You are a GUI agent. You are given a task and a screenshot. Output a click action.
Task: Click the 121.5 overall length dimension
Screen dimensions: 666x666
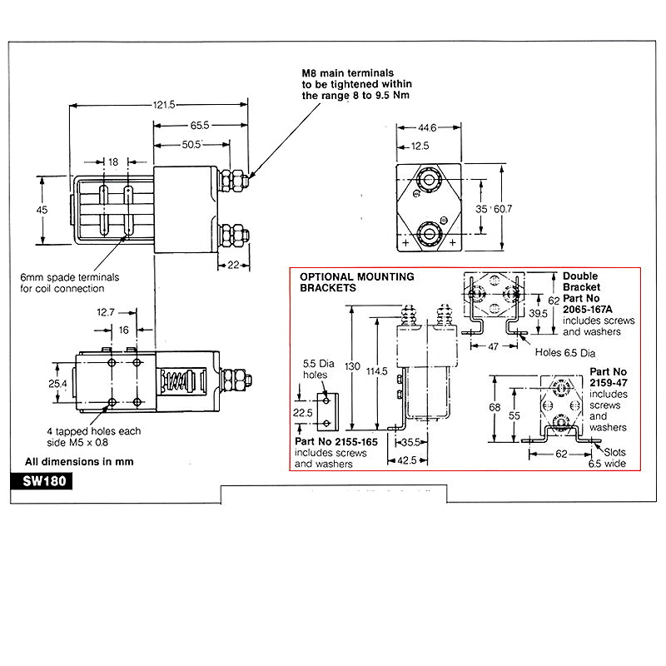(x=162, y=105)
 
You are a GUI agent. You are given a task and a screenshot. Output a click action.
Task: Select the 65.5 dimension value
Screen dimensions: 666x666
(x=198, y=125)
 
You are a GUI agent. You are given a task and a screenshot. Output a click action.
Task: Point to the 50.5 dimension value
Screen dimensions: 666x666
(x=192, y=145)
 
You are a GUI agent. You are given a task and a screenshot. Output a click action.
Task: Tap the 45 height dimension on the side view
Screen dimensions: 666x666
(x=42, y=211)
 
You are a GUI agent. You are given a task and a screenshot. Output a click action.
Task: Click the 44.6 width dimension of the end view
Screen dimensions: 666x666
(x=425, y=127)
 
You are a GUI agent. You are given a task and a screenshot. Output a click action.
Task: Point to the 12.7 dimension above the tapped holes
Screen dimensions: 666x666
(x=105, y=313)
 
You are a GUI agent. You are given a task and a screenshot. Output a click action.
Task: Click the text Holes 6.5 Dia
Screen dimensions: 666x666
(x=566, y=352)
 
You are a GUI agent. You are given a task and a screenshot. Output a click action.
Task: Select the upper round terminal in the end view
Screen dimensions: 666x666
(x=430, y=181)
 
